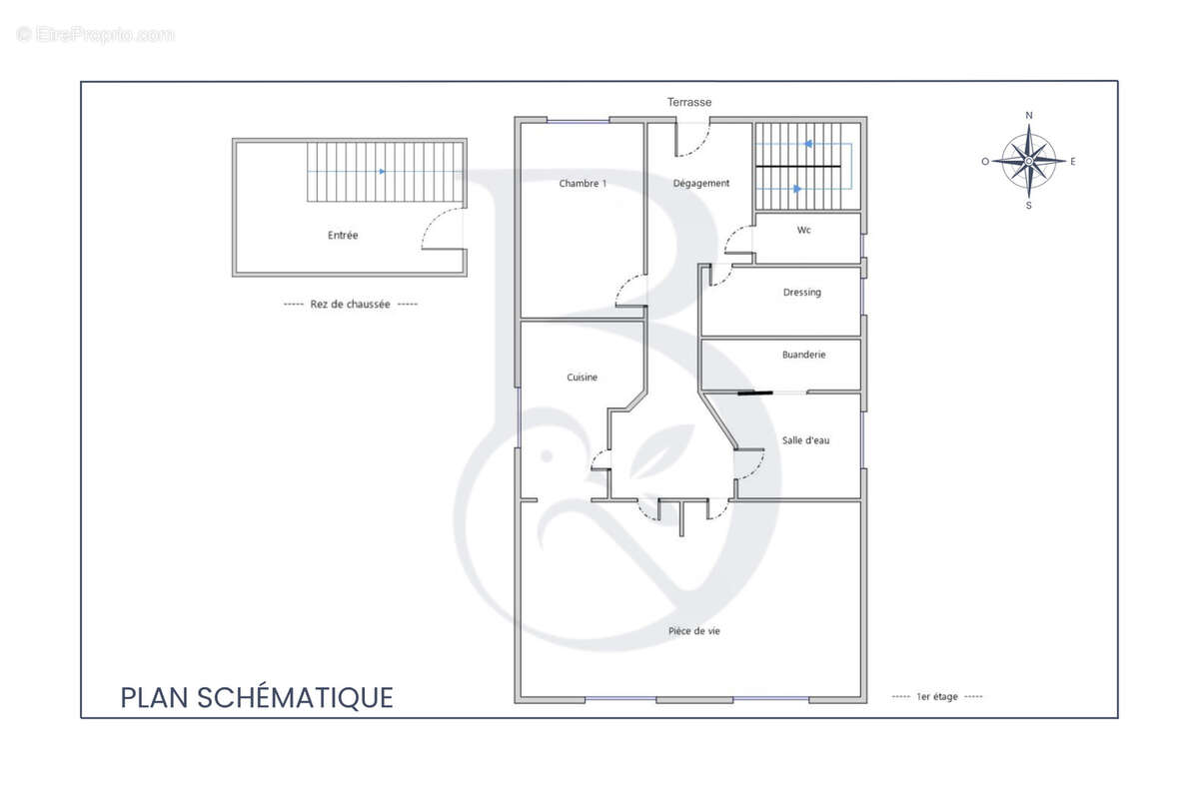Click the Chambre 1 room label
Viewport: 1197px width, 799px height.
pos(583,183)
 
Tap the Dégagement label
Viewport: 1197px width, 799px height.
pos(700,183)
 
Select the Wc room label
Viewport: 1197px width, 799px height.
pos(804,230)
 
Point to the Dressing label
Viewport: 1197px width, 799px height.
pos(801,293)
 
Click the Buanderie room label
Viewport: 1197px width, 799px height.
pos(803,355)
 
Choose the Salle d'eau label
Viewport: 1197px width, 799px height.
pos(805,440)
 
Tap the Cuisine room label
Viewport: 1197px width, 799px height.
pos(582,377)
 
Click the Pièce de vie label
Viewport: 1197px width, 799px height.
pos(694,631)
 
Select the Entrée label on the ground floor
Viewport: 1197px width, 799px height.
pos(343,235)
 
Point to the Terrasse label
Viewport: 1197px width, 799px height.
pos(689,102)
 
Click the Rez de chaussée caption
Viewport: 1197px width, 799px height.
pos(351,304)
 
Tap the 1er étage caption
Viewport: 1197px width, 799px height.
pos(936,697)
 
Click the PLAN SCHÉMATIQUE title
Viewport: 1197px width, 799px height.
pos(257,697)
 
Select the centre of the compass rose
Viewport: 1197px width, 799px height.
pos(1028,161)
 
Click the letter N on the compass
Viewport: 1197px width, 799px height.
pos(1029,115)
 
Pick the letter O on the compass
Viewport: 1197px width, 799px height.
pos(985,161)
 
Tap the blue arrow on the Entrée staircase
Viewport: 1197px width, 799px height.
pos(383,172)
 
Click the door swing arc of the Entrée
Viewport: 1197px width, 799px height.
pos(435,222)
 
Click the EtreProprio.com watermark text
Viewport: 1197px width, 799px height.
pos(96,34)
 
